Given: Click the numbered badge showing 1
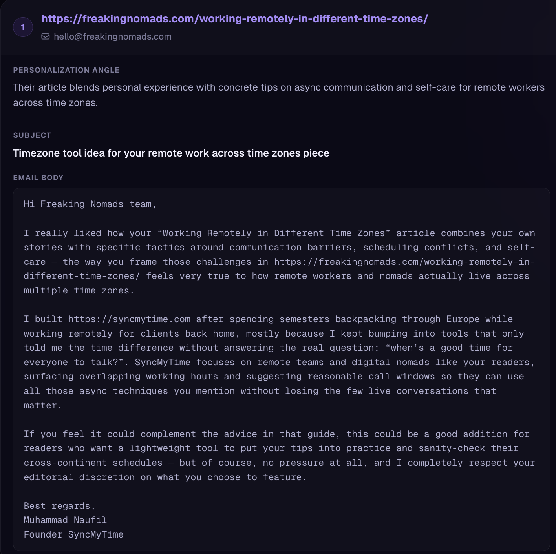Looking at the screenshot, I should (x=23, y=27).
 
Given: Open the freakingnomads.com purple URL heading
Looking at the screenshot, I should (x=234, y=18).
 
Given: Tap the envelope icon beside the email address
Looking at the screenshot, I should (x=46, y=36).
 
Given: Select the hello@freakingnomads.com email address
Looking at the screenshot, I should (x=112, y=36).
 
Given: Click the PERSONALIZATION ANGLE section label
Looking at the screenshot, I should (x=66, y=70).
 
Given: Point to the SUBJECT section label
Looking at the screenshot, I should (x=32, y=135).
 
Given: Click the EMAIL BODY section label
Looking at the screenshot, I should (x=38, y=177).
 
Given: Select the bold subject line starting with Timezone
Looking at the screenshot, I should (x=171, y=153).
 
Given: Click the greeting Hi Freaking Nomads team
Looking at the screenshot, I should (x=90, y=204).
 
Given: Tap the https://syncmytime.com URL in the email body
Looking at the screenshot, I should (x=129, y=319).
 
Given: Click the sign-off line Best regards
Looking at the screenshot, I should (x=59, y=506).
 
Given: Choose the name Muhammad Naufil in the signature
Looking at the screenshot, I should (x=65, y=520).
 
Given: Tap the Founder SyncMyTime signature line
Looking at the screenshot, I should (x=73, y=534).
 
